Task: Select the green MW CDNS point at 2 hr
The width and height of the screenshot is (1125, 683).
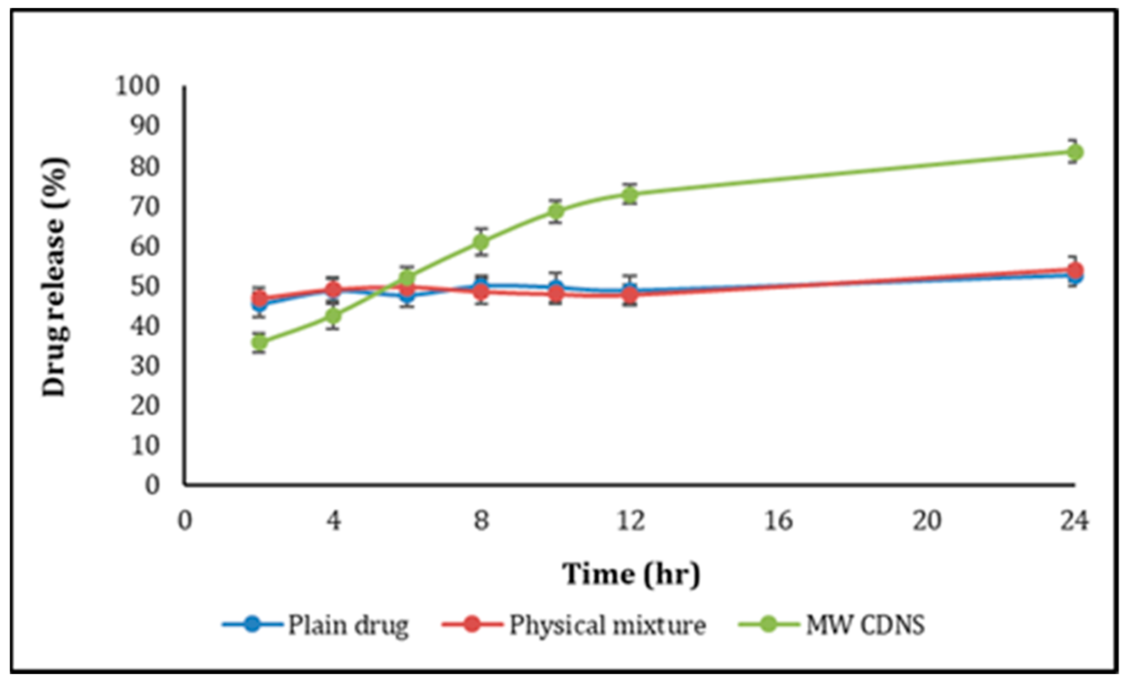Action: tap(260, 342)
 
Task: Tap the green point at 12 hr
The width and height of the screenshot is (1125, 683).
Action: tap(631, 194)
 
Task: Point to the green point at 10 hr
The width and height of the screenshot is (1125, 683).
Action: tap(556, 211)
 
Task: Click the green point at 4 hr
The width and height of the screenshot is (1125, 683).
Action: tap(334, 315)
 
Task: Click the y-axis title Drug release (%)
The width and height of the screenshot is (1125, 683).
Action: tap(55, 277)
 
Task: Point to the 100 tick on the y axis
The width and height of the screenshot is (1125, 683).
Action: tap(138, 86)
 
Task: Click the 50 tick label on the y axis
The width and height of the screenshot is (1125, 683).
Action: tap(144, 286)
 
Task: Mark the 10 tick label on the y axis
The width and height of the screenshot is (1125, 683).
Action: tap(144, 445)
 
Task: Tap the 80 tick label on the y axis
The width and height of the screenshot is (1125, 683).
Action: tap(144, 166)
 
